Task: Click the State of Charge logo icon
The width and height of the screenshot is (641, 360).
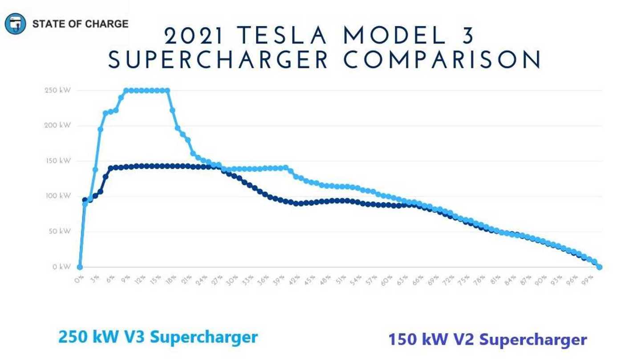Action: (x=16, y=24)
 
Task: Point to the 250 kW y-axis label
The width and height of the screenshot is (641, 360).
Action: (x=57, y=91)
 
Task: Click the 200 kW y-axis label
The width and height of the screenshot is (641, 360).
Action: (x=57, y=126)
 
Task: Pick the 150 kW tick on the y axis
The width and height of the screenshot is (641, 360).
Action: (x=57, y=161)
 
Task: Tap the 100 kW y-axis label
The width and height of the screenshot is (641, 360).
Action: (x=57, y=196)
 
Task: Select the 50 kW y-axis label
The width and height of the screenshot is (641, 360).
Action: (x=58, y=232)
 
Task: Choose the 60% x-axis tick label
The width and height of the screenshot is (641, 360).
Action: (x=386, y=280)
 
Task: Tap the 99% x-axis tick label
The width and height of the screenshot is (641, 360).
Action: (x=588, y=280)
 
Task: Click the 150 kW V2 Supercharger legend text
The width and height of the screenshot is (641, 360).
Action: (x=487, y=340)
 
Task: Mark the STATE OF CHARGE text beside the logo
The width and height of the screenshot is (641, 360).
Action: (x=80, y=24)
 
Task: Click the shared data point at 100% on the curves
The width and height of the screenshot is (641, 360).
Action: (x=599, y=267)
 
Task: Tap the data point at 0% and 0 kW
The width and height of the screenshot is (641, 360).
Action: (x=80, y=267)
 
